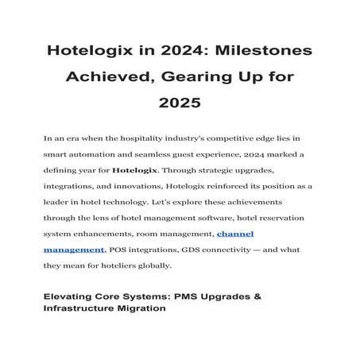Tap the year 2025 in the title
180,103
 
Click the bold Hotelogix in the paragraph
138,170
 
